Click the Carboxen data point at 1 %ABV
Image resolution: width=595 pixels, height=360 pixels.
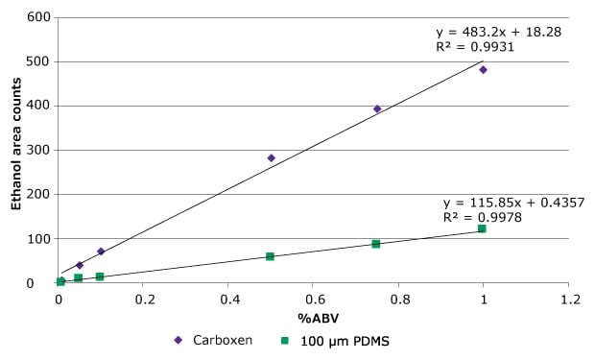483,70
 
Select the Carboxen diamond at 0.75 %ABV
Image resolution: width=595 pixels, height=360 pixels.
377,109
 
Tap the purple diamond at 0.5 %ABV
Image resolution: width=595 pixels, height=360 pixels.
271,158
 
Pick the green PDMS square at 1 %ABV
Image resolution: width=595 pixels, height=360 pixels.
482,228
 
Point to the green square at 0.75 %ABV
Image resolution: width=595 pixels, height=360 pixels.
376,244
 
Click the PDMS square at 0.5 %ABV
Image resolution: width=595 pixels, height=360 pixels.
270,256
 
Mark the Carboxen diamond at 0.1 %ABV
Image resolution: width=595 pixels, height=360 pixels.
101,252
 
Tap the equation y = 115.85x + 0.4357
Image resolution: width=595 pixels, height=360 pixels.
513,204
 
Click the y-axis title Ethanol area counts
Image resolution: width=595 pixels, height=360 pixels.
16,152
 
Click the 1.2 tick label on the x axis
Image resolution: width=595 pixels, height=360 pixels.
568,300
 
